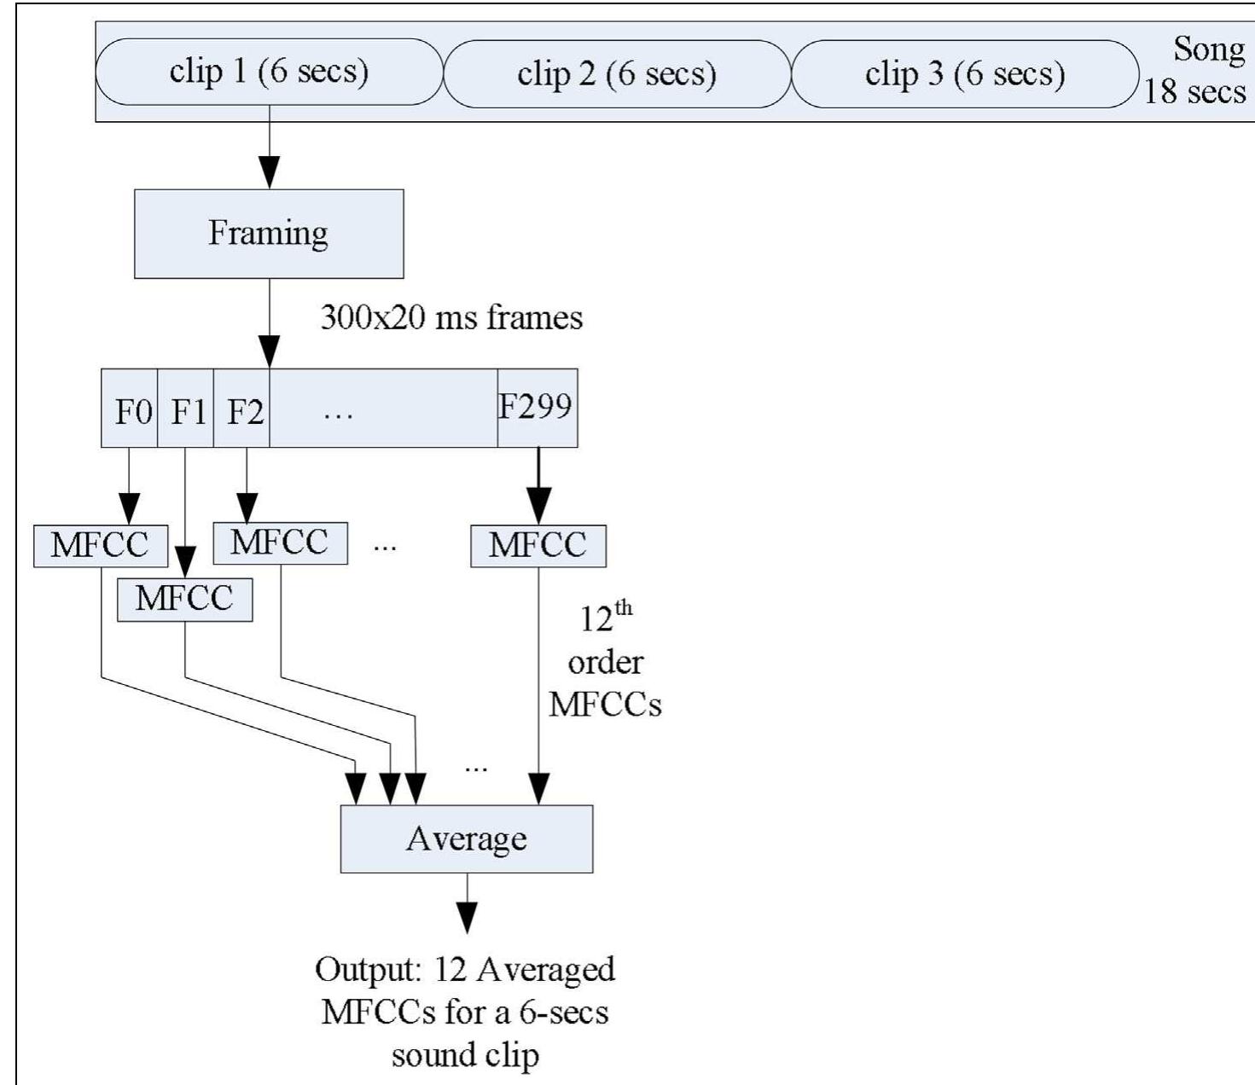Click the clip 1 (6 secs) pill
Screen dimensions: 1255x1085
(x=269, y=72)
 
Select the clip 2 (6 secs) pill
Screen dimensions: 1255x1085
(x=617, y=74)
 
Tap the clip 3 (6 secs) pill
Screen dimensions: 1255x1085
(x=965, y=74)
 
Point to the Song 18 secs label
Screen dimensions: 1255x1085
(x=1196, y=70)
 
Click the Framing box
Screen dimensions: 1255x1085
(x=269, y=234)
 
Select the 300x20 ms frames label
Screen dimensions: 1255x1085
(x=451, y=318)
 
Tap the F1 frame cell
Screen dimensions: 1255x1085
(x=187, y=410)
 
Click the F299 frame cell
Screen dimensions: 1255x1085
(x=537, y=408)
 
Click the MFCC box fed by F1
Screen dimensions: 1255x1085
(x=184, y=599)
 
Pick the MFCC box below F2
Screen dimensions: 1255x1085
(x=280, y=543)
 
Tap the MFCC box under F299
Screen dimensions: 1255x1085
(x=537, y=546)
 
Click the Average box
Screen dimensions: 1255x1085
(x=467, y=838)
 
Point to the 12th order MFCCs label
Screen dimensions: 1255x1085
(x=605, y=661)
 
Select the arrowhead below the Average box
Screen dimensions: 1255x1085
(x=467, y=919)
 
